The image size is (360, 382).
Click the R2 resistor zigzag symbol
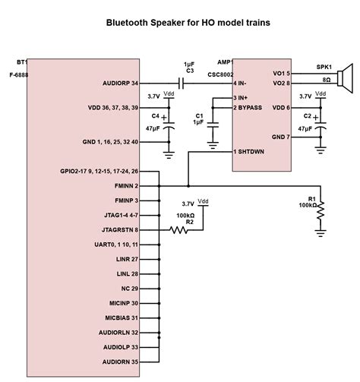[180, 229]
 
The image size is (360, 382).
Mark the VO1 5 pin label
[279, 74]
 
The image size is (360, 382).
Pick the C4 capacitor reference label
[155, 116]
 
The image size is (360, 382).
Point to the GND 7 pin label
[278, 137]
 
